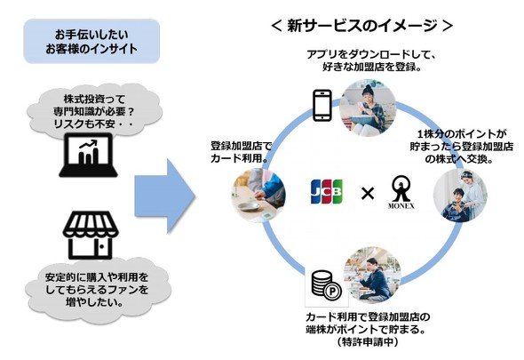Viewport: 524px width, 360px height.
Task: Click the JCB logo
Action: [326, 192]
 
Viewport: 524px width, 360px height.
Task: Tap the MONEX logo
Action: [401, 192]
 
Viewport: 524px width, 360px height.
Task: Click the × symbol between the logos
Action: [368, 193]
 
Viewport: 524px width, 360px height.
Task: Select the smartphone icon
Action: [322, 106]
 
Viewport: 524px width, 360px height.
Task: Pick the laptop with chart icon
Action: [88, 155]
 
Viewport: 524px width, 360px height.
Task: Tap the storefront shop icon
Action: [91, 235]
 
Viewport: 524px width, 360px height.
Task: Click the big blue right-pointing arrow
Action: [165, 196]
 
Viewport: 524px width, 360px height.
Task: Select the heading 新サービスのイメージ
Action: [362, 26]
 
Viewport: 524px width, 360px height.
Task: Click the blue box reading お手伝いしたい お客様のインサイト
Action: [91, 41]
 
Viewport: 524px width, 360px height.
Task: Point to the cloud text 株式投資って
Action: [90, 99]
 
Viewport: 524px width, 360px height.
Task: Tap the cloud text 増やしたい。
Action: [93, 302]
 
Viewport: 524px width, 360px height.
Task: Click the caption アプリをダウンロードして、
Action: [370, 54]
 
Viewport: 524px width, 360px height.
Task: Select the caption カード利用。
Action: [240, 158]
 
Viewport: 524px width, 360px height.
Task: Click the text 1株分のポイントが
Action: [462, 134]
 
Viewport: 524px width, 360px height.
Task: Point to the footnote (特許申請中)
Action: [368, 342]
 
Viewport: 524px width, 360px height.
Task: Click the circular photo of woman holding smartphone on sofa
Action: [368, 108]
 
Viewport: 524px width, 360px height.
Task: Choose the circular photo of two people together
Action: [460, 196]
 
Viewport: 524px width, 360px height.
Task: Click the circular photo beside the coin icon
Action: [372, 275]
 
